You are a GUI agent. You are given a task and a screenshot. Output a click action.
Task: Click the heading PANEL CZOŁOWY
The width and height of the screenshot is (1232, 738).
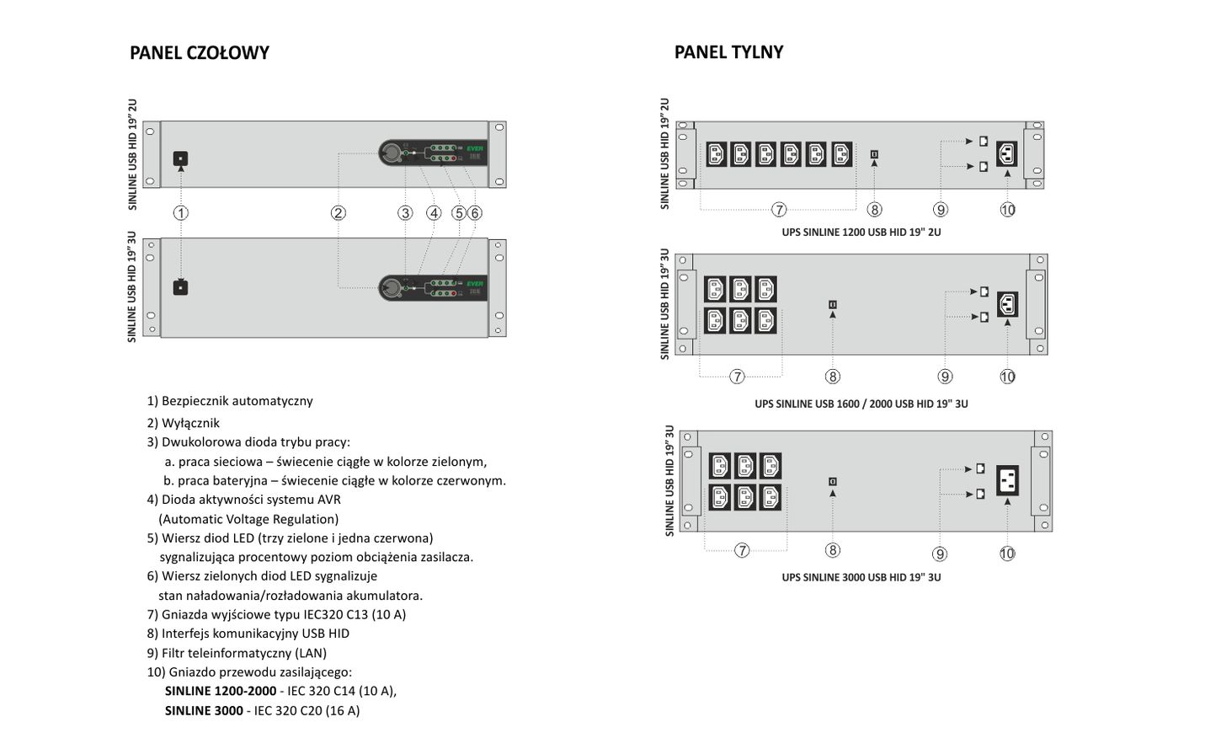[200, 52]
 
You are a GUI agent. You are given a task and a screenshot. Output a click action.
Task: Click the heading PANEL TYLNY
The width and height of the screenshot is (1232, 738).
[728, 51]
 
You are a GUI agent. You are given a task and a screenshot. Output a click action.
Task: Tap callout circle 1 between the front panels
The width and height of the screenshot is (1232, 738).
[181, 213]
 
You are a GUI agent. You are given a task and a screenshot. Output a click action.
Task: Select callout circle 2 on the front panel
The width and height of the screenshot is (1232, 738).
[338, 213]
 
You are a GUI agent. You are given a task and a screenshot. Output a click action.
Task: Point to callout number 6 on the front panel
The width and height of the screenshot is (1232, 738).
[475, 213]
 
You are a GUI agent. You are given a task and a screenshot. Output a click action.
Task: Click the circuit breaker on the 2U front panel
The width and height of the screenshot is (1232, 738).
[180, 158]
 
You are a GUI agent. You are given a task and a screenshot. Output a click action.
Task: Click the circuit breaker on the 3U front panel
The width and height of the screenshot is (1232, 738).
[180, 287]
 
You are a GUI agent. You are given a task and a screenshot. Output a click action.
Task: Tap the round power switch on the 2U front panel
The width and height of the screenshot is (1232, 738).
[392, 153]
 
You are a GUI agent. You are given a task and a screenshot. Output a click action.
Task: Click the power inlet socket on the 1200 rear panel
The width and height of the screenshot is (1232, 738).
[1006, 154]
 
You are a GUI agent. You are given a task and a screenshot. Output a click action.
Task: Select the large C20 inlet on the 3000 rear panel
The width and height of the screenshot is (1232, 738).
[1007, 481]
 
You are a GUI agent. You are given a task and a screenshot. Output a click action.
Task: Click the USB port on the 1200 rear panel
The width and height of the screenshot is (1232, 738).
[874, 154]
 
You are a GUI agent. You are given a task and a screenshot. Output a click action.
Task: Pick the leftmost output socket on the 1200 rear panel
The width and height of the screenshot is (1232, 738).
[716, 154]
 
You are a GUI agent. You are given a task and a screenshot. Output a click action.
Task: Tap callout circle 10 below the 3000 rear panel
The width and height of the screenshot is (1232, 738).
[1007, 553]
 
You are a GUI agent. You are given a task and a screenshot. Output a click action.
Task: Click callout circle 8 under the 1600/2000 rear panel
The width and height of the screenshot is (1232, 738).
[833, 377]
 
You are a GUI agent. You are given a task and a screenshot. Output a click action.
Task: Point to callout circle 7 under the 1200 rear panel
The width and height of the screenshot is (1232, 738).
[779, 210]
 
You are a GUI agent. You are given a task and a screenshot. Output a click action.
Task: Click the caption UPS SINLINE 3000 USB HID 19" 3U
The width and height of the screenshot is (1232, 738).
[861, 577]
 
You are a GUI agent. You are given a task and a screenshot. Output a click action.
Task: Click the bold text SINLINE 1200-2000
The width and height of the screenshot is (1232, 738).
[221, 691]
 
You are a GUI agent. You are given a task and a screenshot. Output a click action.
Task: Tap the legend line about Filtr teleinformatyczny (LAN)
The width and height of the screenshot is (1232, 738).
[237, 653]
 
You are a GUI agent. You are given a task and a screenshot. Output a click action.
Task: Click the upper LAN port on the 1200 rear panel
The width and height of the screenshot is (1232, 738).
[984, 141]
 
